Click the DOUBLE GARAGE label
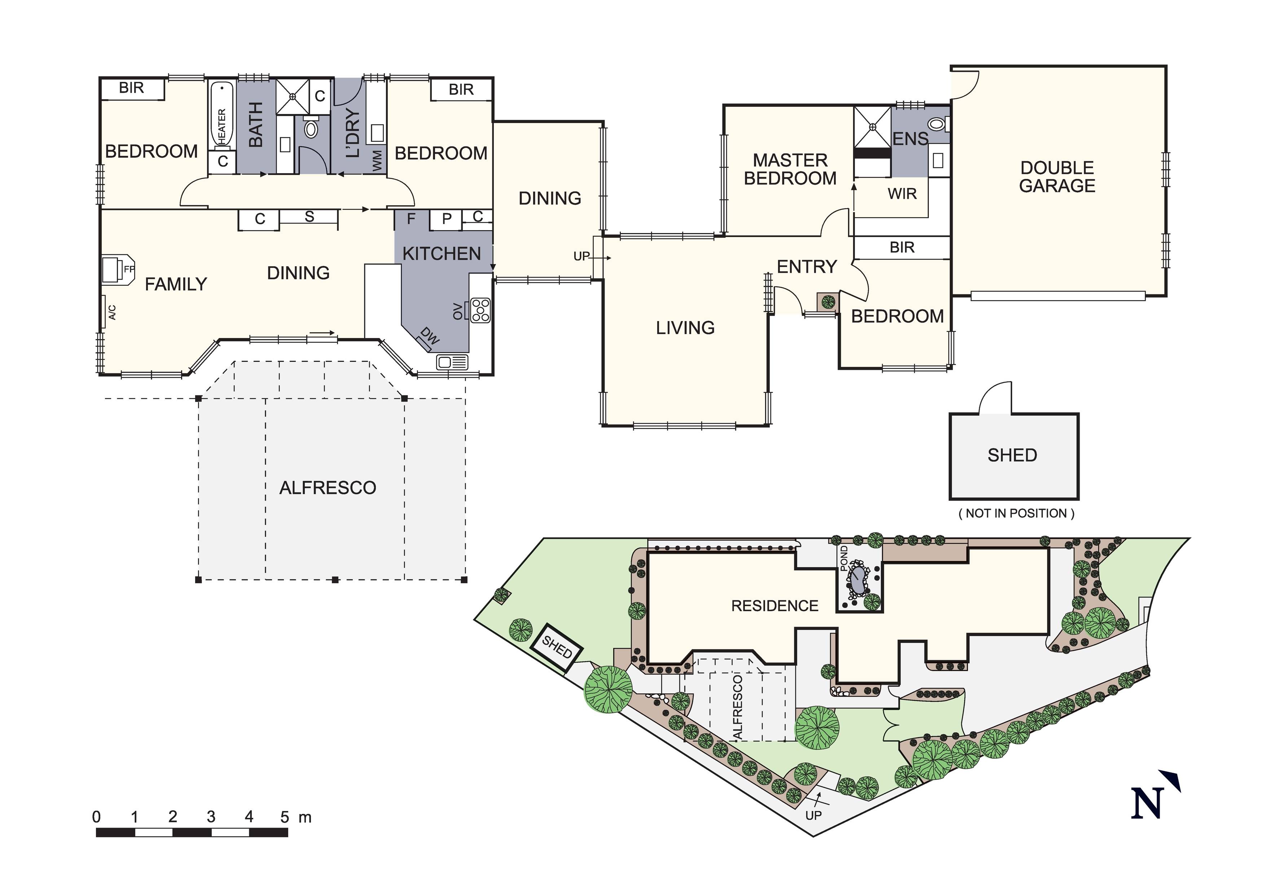[x=1057, y=177]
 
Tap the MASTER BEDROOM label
[x=790, y=169]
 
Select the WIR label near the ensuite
[x=902, y=194]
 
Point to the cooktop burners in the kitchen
[x=481, y=310]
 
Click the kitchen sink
[x=452, y=362]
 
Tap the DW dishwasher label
[x=430, y=335]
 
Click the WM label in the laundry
[x=377, y=161]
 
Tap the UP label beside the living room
[x=581, y=256]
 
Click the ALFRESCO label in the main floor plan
[x=328, y=488]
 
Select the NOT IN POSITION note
[x=1016, y=513]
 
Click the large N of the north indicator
[x=1147, y=803]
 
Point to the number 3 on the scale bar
[x=211, y=816]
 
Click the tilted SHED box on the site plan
[x=557, y=647]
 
